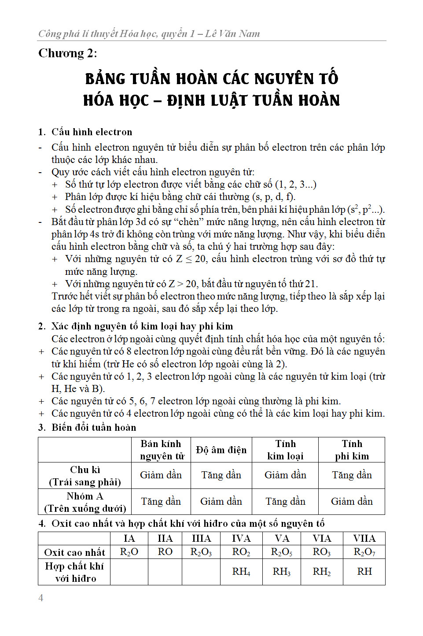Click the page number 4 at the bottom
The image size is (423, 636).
41,598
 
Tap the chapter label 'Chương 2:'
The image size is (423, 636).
68,53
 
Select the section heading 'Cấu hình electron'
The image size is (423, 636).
92,132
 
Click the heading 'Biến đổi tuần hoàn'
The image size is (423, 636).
94,427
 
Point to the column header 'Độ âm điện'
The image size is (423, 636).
221,450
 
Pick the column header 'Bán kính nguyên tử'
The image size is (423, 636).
161,450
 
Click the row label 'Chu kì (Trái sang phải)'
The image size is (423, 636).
85,476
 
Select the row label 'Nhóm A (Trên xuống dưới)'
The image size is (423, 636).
85,502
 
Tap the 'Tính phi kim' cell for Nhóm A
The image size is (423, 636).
352,502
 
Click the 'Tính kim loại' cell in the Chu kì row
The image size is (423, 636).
285,475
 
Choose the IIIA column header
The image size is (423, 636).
201,539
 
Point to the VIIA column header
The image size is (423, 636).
364,539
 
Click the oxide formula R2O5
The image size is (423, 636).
282,552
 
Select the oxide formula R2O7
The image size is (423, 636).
364,552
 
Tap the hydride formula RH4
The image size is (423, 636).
241,572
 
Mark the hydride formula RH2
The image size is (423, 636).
322,572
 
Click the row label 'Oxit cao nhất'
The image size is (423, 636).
74,552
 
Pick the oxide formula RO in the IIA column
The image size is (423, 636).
165,552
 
